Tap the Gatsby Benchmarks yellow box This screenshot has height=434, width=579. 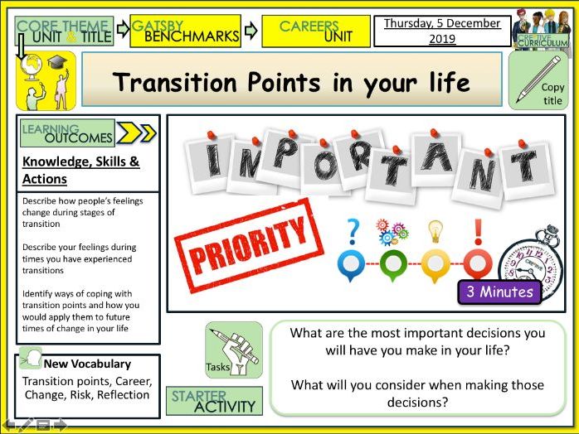(196, 31)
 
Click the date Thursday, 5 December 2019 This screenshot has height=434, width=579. (441, 31)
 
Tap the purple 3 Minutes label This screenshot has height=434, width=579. (500, 292)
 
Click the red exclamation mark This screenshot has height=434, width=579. (477, 229)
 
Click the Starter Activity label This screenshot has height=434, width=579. (214, 401)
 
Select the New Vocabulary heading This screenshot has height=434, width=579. (87, 364)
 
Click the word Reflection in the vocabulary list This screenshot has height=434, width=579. (122, 394)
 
